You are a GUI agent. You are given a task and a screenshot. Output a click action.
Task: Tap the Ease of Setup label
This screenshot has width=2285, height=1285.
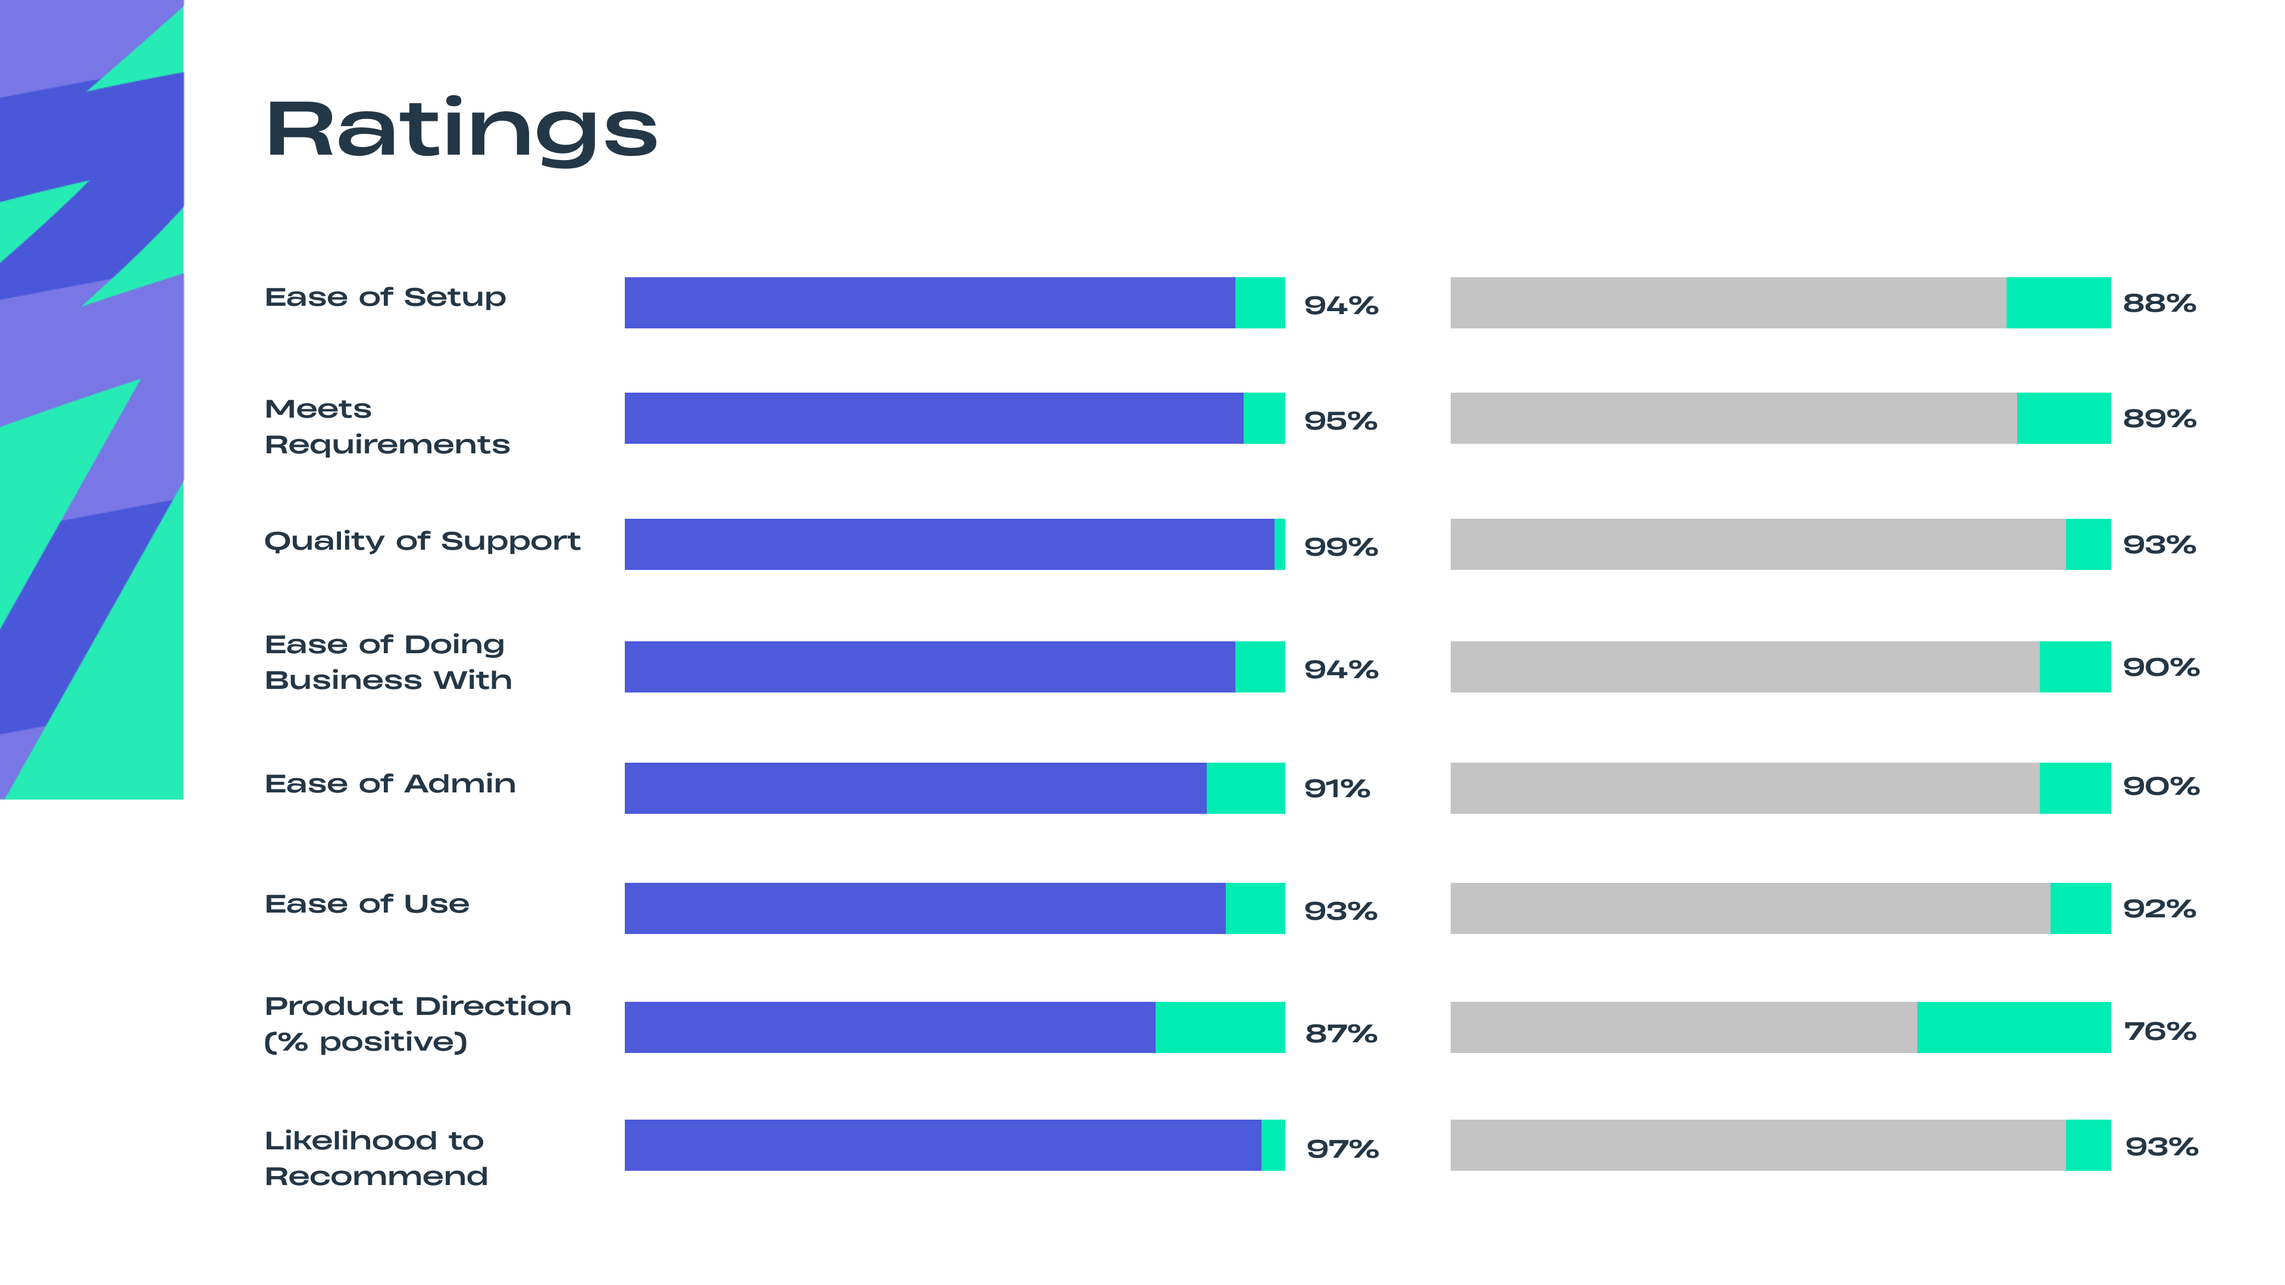click(x=385, y=297)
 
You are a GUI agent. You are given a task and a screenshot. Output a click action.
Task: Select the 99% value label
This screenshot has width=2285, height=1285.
click(x=1340, y=546)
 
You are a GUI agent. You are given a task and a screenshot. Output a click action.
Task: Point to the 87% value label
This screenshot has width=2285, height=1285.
click(x=1340, y=1033)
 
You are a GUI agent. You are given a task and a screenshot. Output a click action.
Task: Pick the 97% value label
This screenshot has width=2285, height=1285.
click(x=1342, y=1148)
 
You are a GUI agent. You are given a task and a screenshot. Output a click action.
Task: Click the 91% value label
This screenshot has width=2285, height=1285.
click(x=1336, y=788)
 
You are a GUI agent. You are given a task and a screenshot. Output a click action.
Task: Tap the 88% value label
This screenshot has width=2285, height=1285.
click(x=2159, y=303)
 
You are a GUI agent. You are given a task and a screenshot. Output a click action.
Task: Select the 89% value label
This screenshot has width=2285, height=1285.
click(x=2159, y=419)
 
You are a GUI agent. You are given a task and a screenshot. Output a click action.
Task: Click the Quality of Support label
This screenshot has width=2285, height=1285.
click(x=422, y=541)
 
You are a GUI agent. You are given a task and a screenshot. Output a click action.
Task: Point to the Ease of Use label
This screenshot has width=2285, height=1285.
click(x=367, y=904)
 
